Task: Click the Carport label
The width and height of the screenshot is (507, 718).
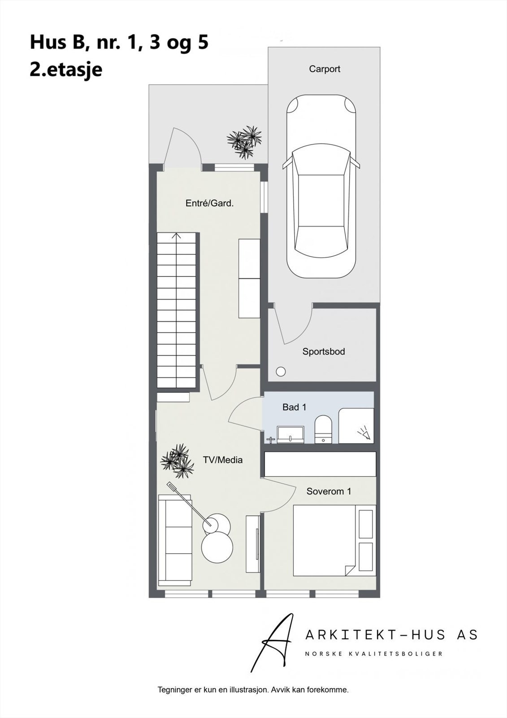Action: coord(324,69)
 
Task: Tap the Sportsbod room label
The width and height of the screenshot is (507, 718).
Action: coord(323,352)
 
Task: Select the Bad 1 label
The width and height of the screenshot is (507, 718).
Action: coord(294,407)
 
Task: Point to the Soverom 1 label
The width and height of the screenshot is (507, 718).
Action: coord(329,491)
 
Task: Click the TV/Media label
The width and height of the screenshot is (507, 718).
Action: coord(223,460)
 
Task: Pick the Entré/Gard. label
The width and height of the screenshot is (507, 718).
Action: coord(209,203)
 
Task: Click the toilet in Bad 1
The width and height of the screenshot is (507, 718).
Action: coord(322,429)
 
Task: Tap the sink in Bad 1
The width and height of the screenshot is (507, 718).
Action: coord(290,434)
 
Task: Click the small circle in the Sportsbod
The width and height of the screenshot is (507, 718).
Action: coord(281,372)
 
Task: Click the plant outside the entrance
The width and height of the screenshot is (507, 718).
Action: coord(245,141)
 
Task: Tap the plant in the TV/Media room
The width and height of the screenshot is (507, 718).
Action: coord(178,460)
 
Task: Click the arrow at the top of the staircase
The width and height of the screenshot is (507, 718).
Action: coord(177,236)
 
